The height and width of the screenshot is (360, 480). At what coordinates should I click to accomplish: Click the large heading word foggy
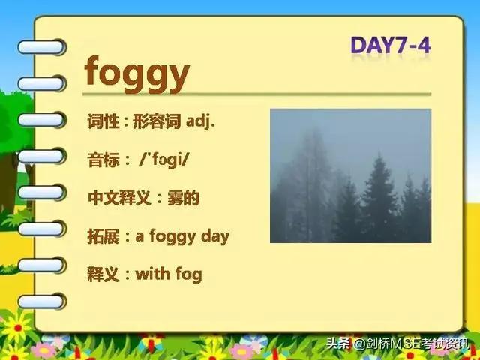[x=136, y=74]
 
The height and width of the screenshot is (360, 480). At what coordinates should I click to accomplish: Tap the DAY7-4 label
[x=391, y=45]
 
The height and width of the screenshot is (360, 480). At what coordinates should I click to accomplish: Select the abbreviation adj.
[x=200, y=121]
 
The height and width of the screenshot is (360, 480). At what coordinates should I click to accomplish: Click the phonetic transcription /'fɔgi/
[x=163, y=160]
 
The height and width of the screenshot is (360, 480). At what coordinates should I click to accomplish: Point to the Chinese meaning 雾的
[x=184, y=198]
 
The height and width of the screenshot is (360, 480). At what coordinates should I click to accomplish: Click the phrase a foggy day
[x=182, y=237]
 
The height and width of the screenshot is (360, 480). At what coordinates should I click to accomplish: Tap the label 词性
[x=103, y=121]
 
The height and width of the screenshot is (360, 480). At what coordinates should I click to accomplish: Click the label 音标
[x=103, y=160]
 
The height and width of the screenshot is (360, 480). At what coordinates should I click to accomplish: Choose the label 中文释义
[x=119, y=198]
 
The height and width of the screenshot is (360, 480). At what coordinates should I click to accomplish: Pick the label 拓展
[x=103, y=236]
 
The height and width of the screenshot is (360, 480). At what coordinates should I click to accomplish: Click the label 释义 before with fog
[x=103, y=274]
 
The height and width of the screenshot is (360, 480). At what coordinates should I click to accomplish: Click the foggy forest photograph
[x=350, y=175]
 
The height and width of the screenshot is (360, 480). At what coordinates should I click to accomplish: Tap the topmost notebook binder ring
[x=42, y=47]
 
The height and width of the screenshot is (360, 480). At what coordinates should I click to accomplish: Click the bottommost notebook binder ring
[x=42, y=301]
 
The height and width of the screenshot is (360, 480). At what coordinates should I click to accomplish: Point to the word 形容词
[x=157, y=121]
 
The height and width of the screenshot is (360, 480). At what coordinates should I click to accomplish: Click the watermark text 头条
[x=337, y=343]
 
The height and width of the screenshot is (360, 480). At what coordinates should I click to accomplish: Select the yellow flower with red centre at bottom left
[x=18, y=328]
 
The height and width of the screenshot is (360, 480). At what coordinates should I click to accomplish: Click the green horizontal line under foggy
[x=256, y=94]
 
